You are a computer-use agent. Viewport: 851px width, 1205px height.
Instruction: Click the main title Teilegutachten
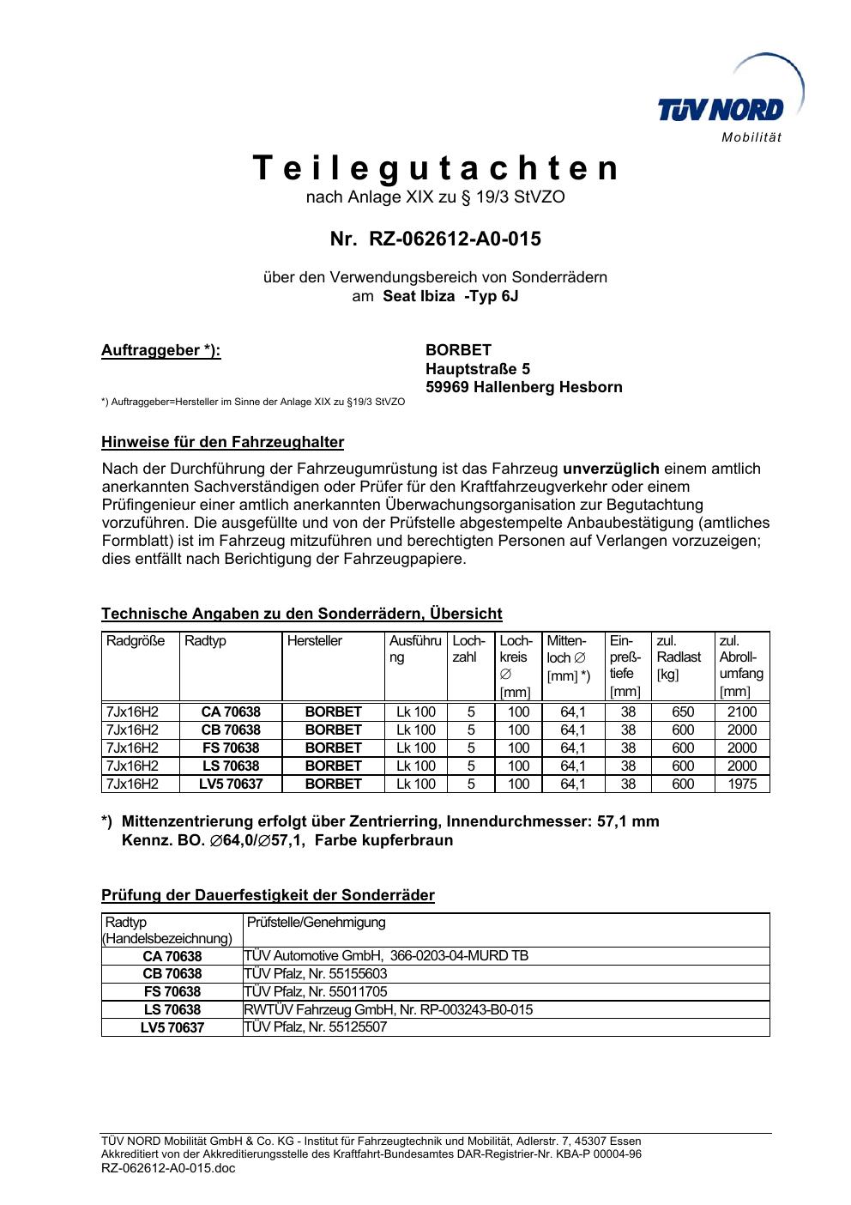point(436,168)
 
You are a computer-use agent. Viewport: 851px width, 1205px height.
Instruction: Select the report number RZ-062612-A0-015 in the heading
point(455,239)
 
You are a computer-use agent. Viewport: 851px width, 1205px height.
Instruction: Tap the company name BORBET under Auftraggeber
point(458,350)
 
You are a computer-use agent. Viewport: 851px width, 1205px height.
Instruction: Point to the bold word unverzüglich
point(611,469)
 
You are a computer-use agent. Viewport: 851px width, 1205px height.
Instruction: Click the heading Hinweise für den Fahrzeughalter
point(222,443)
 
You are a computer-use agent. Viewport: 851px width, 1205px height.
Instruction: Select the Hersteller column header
point(315,641)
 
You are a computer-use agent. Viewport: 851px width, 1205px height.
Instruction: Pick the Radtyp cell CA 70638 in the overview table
point(231,712)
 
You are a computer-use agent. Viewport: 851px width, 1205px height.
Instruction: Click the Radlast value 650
point(683,712)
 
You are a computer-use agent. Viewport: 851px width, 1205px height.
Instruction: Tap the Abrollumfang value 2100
point(742,712)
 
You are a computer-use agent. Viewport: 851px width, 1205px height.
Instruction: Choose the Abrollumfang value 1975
point(742,784)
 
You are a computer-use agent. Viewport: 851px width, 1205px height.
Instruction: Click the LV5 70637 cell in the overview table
point(231,784)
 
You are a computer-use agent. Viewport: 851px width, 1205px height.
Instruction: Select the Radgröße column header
point(136,641)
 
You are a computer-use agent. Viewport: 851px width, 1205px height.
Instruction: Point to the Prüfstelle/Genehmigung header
point(317,923)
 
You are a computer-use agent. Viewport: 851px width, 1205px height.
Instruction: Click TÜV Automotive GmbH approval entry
point(386,956)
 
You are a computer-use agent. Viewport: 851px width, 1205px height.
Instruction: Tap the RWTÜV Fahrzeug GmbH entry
point(388,1010)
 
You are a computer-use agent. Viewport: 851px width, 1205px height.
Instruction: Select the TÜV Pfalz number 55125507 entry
point(316,1027)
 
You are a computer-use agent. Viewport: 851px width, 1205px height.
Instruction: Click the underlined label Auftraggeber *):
point(161,350)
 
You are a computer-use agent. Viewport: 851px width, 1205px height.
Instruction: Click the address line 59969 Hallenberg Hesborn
point(523,387)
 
